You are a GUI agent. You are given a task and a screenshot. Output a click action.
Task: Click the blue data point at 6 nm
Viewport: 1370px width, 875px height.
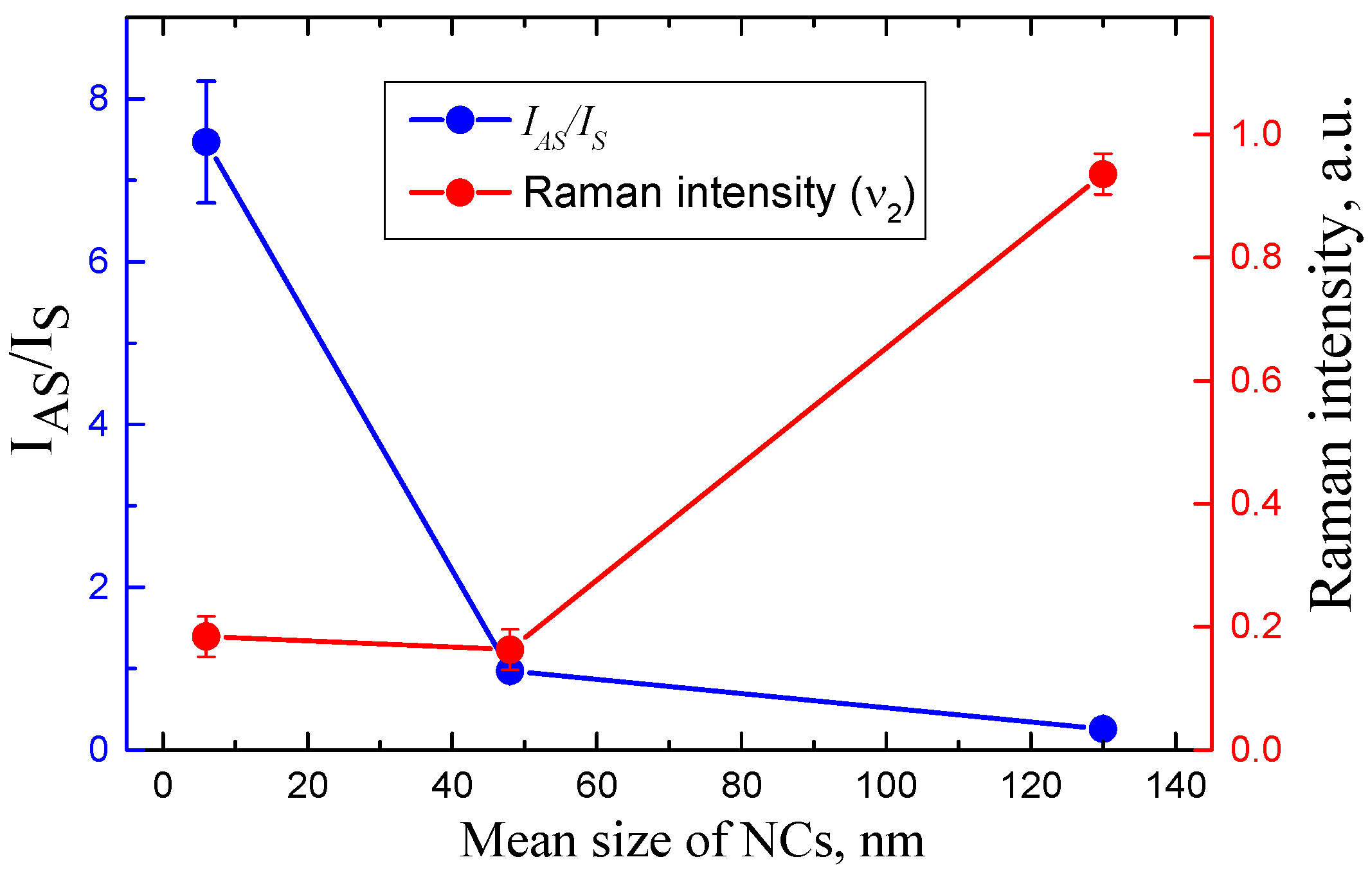click(x=206, y=142)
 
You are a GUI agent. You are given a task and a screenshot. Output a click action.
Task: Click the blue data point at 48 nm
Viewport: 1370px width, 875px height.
click(x=510, y=672)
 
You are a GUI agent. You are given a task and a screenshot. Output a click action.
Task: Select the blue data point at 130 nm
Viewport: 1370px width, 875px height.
click(x=1103, y=728)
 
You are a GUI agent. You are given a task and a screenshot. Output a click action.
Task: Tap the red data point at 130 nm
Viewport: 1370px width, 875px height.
click(x=1103, y=174)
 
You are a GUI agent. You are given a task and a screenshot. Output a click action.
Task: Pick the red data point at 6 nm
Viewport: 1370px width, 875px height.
click(x=206, y=636)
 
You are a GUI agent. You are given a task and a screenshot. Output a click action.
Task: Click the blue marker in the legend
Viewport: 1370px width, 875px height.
click(x=460, y=120)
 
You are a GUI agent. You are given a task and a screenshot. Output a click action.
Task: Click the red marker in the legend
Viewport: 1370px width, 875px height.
click(x=460, y=192)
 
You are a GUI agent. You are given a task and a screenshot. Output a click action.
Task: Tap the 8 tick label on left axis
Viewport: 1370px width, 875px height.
click(x=99, y=100)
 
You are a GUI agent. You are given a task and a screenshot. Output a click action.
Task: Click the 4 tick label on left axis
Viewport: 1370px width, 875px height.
click(x=99, y=425)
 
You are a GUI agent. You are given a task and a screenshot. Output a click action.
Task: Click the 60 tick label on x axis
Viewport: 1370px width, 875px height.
click(x=597, y=786)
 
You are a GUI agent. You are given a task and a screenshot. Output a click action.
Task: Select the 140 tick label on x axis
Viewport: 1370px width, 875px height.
click(x=1176, y=786)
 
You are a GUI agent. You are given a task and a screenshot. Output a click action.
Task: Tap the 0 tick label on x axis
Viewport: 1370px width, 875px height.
click(x=163, y=786)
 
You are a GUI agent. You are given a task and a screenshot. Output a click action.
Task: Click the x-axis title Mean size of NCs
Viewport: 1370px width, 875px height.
click(x=692, y=840)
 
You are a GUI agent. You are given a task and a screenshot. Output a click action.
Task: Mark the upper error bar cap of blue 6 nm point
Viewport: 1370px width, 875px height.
click(x=206, y=81)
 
